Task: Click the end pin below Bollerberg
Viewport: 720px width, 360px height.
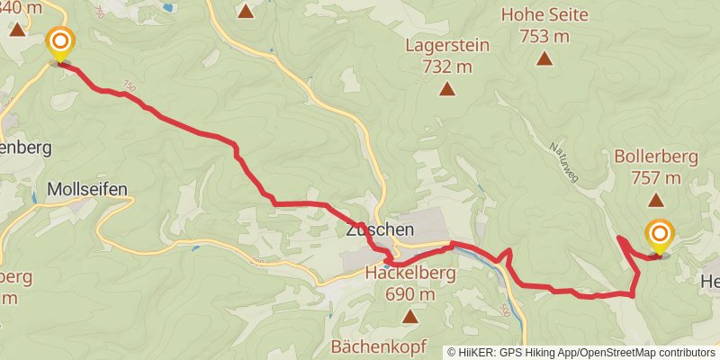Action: (659, 237)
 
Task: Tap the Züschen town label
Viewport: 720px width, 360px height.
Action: (379, 230)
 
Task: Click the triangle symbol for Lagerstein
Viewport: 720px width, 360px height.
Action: (446, 88)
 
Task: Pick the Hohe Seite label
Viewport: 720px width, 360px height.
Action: (544, 15)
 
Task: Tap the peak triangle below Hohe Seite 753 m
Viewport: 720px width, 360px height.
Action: (544, 58)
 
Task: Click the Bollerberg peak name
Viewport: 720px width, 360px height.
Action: (656, 157)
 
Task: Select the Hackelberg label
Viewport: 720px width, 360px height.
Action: (411, 273)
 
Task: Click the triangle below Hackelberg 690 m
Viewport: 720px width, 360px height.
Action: (410, 316)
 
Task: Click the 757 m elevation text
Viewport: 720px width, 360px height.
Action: (656, 177)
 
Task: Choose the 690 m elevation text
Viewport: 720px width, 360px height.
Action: (411, 294)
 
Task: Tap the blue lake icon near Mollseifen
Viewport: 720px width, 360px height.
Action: (35, 196)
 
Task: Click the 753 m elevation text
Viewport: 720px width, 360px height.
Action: (544, 37)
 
